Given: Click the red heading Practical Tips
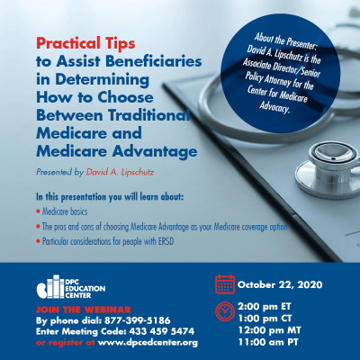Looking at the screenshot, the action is coord(85,43).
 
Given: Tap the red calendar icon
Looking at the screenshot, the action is coord(225,284).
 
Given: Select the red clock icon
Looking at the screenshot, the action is coord(225,312).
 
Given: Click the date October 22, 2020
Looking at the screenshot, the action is coord(280,284).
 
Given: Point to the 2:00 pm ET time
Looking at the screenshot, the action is coord(265,307).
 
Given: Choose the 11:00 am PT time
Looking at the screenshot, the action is coord(268,342).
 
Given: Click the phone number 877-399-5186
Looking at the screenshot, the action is coord(138,320).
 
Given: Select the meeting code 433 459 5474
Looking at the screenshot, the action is coord(162,331).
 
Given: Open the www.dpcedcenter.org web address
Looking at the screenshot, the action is coord(148,343).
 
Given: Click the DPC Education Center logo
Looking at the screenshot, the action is coord(71,287).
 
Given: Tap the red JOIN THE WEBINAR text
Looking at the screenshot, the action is coord(84,310).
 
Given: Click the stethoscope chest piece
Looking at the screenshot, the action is coord(328,168).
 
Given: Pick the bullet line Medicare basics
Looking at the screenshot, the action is coord(65,211).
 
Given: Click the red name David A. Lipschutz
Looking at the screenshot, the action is coord(120,172).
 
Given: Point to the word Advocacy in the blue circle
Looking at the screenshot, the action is coord(274,107).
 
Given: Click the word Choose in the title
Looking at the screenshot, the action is coord(125,97).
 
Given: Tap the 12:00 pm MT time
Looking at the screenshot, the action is coord(269,330).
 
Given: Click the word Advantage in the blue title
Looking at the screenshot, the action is coord(155,152).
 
